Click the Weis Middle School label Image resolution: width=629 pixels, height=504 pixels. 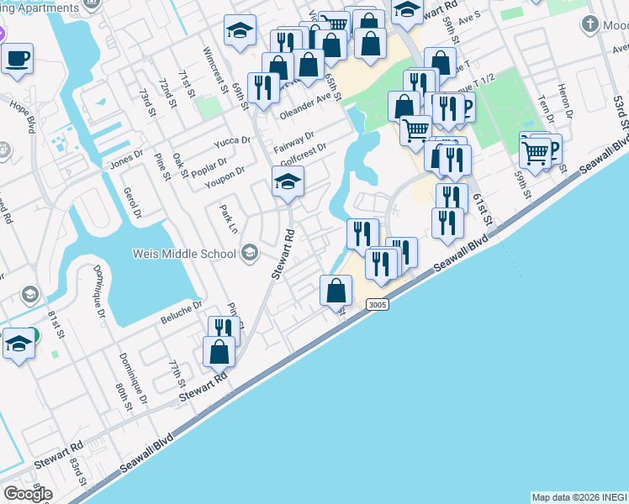click(182, 254)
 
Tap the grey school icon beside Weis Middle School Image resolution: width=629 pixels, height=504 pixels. click(250, 253)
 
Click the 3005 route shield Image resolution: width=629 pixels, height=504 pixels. click(378, 305)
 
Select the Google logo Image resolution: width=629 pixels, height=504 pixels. click(28, 494)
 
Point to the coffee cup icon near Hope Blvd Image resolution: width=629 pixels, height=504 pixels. click(17, 60)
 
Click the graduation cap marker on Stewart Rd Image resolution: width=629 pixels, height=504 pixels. click(288, 181)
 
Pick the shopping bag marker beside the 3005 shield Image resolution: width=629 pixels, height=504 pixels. click(336, 291)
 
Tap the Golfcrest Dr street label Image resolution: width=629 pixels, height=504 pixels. click(303, 151)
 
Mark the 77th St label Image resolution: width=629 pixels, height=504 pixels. click(176, 372)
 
